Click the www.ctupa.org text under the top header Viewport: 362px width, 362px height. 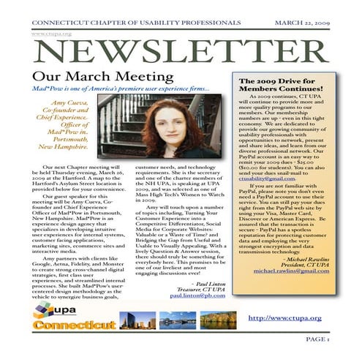coord(46,34)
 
